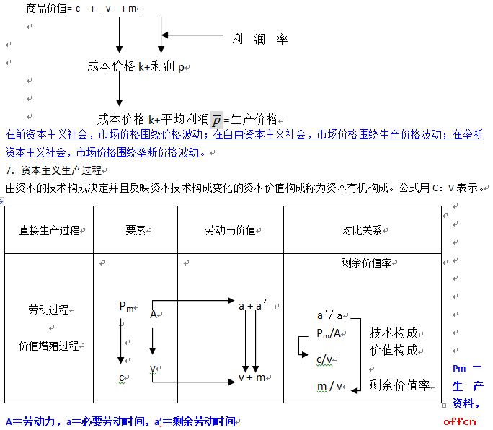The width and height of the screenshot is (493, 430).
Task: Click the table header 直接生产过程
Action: point(49,230)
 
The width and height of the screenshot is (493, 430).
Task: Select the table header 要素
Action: point(136,230)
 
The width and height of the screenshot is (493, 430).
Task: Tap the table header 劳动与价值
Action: point(230,230)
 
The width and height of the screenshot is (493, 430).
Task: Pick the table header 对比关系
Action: point(362,230)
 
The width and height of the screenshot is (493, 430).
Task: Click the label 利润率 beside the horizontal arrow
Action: point(259,39)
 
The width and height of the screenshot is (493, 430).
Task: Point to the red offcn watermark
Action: point(460,421)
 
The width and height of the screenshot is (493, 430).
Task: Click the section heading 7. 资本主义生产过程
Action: point(54,170)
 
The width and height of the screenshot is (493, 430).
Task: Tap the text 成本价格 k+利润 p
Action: point(136,66)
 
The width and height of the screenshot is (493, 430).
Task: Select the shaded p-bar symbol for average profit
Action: point(217,120)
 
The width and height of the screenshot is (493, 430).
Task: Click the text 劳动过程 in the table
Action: point(48,310)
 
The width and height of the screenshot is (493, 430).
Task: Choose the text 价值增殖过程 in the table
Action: point(49,346)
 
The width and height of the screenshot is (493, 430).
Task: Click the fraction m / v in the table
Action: point(329,386)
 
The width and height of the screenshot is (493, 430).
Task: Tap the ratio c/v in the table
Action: point(324,359)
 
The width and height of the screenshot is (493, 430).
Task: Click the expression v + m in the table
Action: point(252,377)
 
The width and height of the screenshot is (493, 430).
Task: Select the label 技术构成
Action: point(394,333)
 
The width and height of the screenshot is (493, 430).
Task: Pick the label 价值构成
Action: point(394,350)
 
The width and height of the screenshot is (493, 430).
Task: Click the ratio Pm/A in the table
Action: point(329,333)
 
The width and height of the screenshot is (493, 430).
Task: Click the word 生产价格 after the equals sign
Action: point(254,120)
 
